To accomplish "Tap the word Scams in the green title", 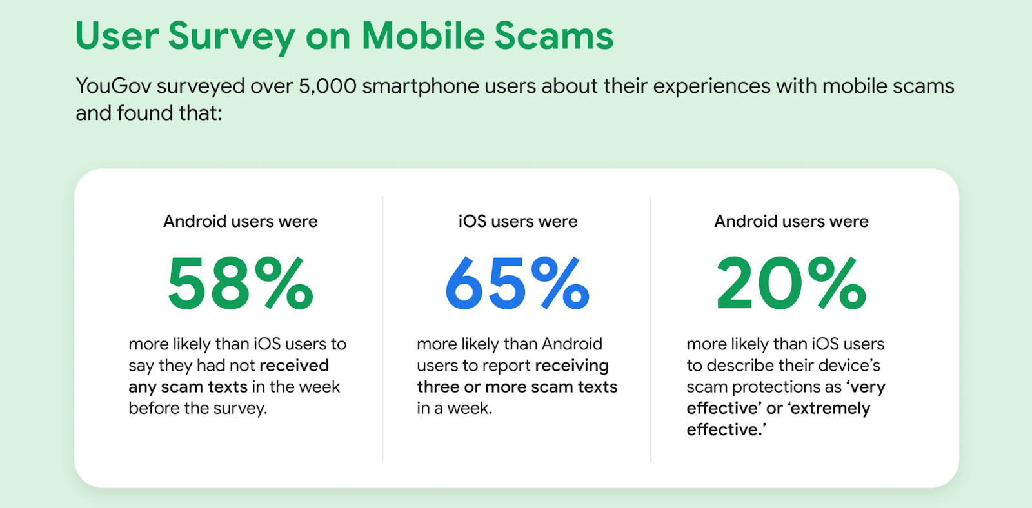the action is click(x=554, y=35).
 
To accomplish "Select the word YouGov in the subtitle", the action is click(x=114, y=86).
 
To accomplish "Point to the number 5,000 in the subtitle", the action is click(x=328, y=86).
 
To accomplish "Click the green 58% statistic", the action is click(x=241, y=283).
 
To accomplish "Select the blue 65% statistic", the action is click(x=517, y=283).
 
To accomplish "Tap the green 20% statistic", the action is click(x=791, y=283).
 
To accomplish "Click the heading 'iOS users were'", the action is click(x=518, y=222).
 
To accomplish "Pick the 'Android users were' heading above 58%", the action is click(x=241, y=222).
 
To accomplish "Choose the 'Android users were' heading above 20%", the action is click(x=791, y=222).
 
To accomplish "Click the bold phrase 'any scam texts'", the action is click(x=188, y=387).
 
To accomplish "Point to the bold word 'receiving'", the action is click(x=571, y=366).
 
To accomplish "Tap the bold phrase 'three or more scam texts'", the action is click(x=517, y=387).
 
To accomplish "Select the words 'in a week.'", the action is click(x=455, y=408).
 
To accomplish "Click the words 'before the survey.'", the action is click(x=197, y=408).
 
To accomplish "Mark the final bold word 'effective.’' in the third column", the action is click(x=726, y=430).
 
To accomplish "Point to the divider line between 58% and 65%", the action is click(x=382, y=329).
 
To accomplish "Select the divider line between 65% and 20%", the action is click(x=651, y=329).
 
